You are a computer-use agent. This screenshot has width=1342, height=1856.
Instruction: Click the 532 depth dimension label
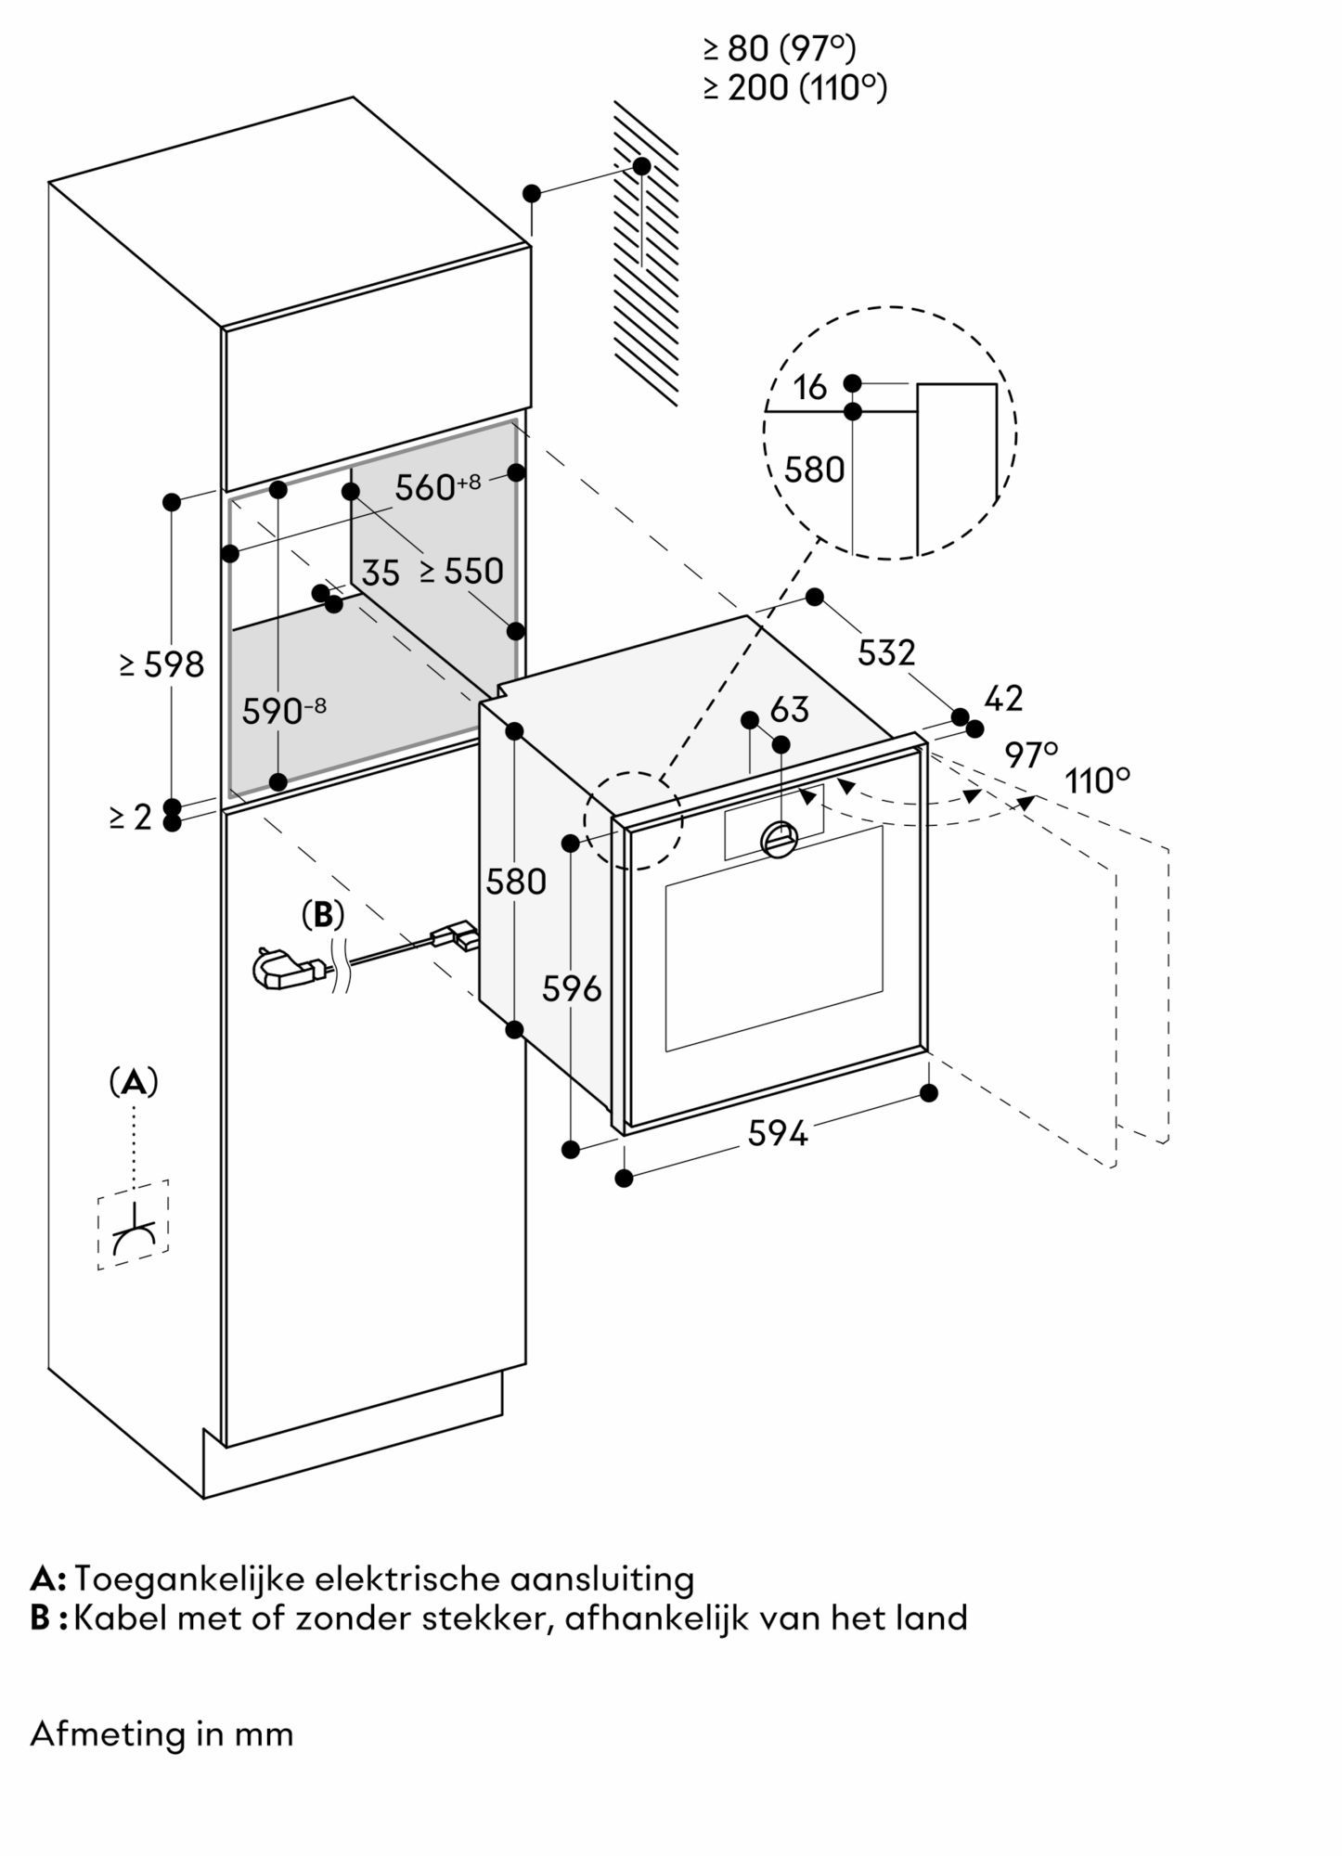tap(885, 652)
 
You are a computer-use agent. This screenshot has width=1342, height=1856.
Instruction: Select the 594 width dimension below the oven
tap(778, 1132)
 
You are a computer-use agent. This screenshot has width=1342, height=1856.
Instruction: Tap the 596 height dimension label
tap(572, 989)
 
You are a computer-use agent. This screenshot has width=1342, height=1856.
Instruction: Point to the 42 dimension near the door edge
tap(1002, 698)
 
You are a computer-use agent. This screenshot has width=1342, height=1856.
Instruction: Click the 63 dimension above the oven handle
tap(790, 710)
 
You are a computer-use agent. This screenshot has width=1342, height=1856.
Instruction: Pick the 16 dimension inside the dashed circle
tap(810, 388)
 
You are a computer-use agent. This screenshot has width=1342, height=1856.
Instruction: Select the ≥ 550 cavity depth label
tap(461, 571)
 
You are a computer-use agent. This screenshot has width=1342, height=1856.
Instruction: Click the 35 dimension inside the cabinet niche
tap(381, 574)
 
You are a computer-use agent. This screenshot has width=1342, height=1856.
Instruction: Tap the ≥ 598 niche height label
tap(161, 664)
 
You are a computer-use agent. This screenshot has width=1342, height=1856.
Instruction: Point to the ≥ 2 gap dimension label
tap(130, 817)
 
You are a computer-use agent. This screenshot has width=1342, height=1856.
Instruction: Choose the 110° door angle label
tap(1097, 781)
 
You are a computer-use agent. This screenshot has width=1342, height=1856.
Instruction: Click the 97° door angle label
tap(1031, 755)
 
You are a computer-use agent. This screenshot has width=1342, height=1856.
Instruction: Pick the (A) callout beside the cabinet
tap(134, 1082)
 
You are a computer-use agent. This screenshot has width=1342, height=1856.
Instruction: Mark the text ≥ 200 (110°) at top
tap(794, 88)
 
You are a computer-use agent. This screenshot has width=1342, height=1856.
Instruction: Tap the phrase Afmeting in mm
tap(161, 1734)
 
